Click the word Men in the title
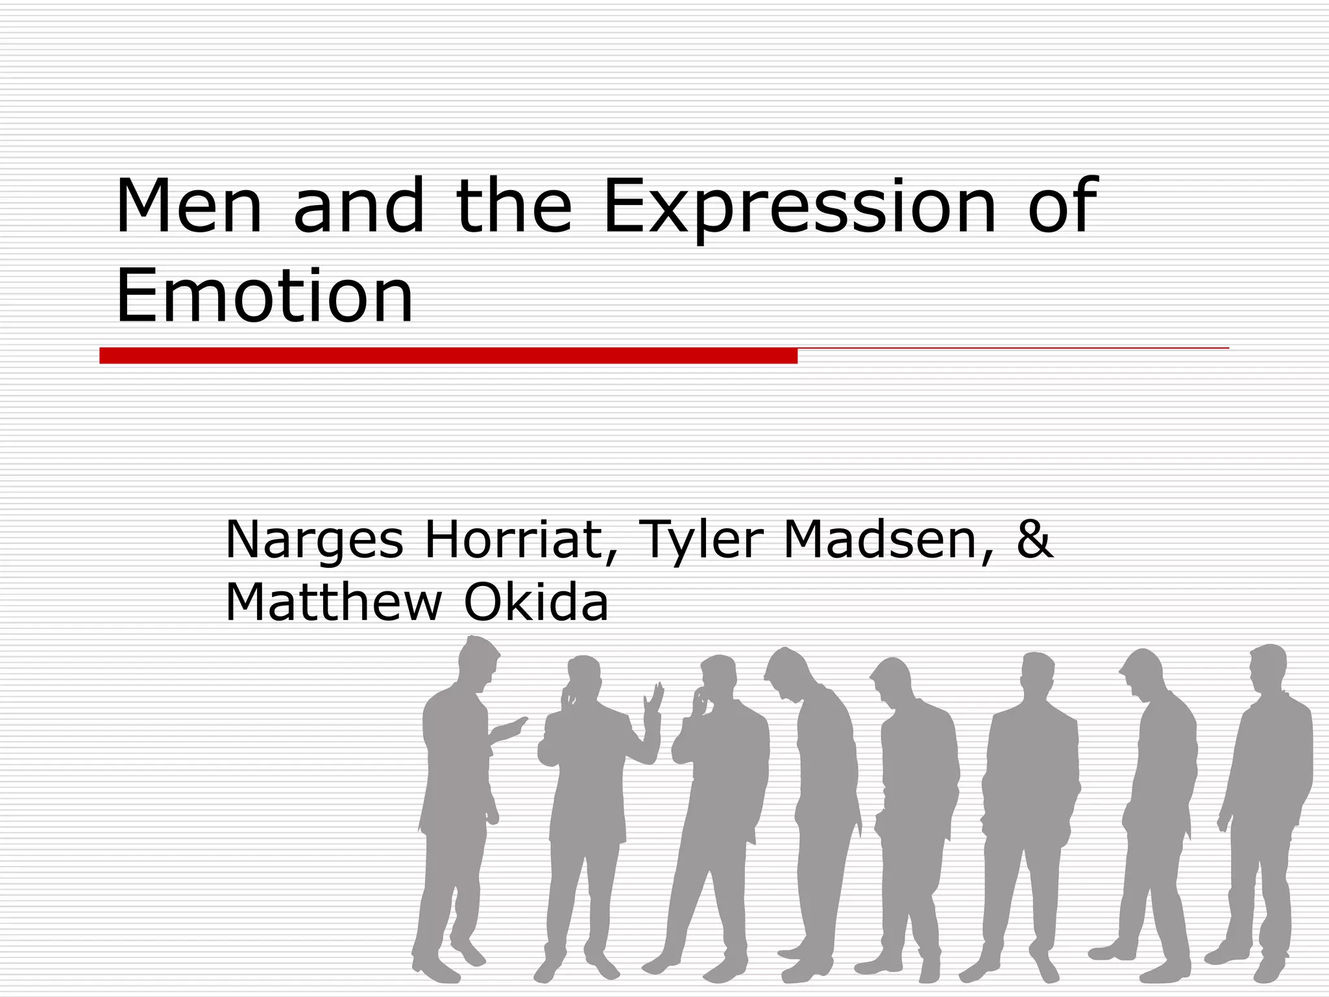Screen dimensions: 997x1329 tap(189, 206)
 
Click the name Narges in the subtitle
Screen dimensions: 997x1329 tap(314, 541)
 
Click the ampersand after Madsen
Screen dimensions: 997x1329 tap(1034, 538)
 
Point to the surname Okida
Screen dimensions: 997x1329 tap(536, 602)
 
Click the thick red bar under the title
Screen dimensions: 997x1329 tap(448, 356)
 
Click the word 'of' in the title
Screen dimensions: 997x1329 tap(1062, 206)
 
